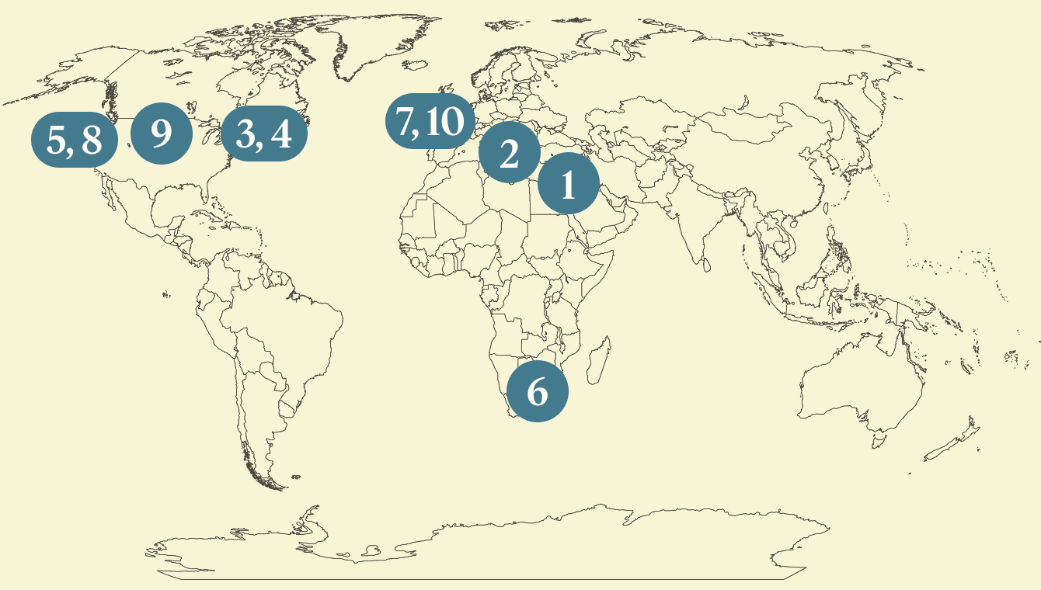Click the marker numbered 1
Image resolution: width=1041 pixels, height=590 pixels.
tap(568, 186)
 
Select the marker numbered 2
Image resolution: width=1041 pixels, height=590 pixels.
tap(509, 154)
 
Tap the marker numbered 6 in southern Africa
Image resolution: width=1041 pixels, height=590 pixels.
tap(537, 391)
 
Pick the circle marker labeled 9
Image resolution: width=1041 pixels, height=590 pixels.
tap(161, 134)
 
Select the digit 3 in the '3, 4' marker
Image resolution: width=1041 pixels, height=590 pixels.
tap(247, 134)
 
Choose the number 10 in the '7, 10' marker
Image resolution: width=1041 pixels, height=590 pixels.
tap(444, 123)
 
